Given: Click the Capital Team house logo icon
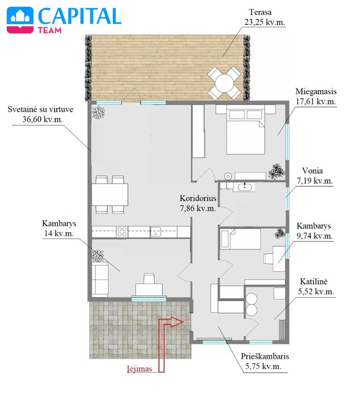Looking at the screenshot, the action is pos(20,20).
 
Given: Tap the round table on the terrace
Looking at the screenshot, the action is pos(224,83).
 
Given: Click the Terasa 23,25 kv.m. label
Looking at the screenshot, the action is pos(264,17).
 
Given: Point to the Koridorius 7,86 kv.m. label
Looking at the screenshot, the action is pos(198,203).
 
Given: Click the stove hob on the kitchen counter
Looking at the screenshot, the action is pos(122,231).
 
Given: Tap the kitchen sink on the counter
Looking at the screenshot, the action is pos(155,231).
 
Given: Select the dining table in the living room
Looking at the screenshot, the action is pos(110,194).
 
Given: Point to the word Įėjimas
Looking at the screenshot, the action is pos(140,369).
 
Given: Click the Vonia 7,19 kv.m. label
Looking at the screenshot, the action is pos(315,176).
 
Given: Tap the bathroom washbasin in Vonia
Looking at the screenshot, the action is pos(244,187).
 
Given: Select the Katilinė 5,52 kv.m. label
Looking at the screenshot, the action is pos(316,286).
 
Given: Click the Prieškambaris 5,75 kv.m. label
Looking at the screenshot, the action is pos(264,361).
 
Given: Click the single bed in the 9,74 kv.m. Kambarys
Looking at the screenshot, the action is pos(240,239).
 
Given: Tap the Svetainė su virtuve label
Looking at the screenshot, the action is pos(40,109).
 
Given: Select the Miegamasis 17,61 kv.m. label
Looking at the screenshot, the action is pos(316,96).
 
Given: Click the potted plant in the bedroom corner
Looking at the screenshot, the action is pos(276,171).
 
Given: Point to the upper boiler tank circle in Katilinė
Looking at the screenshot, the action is pos(251,299).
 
